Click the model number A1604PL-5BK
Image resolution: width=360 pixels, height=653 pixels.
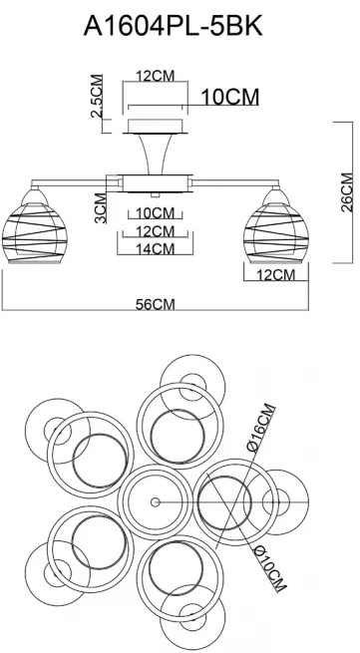click(173, 27)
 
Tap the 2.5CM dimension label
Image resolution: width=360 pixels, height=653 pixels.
click(97, 96)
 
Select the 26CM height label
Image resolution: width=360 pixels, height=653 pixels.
click(347, 192)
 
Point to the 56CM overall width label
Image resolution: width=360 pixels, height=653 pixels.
click(155, 304)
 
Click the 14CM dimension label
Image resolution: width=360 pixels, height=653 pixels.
click(155, 248)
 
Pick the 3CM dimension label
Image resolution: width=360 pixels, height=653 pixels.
click(101, 207)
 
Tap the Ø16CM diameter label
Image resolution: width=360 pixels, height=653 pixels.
click(261, 428)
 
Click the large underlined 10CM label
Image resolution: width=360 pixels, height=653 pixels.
click(230, 97)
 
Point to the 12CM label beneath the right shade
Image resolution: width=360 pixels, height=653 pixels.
click(275, 275)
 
